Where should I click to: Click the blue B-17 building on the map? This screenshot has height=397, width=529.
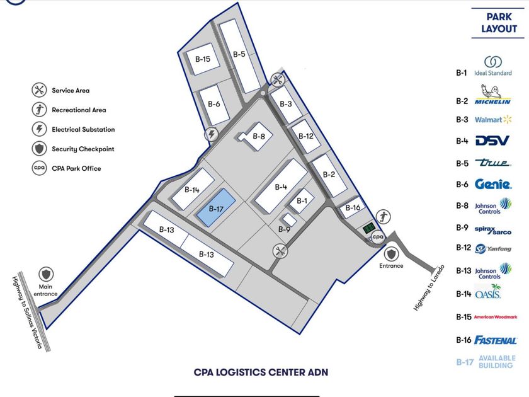216,208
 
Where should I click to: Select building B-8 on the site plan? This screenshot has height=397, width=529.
256,136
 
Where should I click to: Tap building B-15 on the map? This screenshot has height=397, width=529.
203,59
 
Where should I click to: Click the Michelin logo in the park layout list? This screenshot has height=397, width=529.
492,95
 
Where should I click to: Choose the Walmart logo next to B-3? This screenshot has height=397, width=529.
493,120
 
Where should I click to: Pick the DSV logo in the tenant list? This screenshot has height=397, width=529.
492,141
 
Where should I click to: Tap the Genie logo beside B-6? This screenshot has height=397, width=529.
493,184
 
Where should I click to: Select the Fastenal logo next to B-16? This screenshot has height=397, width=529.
495,340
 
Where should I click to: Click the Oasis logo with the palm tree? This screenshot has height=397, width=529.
488,292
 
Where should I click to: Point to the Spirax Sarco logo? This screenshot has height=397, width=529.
493,230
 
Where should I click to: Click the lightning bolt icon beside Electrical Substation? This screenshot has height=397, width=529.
39,129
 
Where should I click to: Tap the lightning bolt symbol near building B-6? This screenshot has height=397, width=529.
212,134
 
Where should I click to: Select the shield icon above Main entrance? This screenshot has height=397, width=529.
46,274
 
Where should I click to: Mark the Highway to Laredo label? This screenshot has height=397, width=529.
429,287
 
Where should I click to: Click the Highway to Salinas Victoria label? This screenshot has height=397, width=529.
27,313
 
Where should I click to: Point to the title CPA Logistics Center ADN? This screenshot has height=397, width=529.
261,372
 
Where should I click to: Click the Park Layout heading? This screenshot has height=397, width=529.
499,23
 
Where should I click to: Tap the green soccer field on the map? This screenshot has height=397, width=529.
369,229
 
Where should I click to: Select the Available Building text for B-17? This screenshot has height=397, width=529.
497,362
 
